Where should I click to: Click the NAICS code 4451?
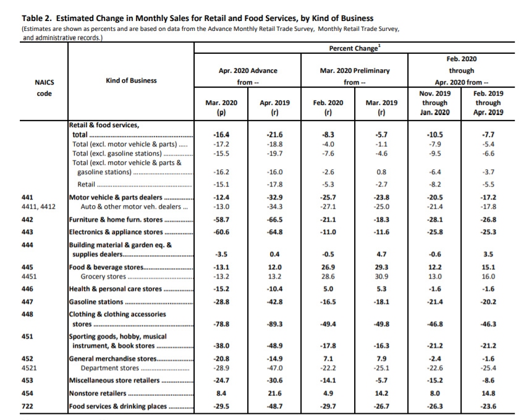(x=29, y=277)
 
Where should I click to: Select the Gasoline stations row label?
(x=96, y=301)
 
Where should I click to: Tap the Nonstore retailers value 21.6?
(x=274, y=393)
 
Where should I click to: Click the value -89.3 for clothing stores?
(x=274, y=324)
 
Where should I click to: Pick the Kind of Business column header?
(x=131, y=80)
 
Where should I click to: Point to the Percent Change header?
(x=354, y=48)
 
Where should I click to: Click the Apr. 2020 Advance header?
(x=248, y=71)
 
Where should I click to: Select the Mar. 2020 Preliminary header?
(x=355, y=71)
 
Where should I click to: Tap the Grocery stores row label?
(x=103, y=277)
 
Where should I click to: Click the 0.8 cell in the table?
(x=381, y=172)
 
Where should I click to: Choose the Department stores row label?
(x=109, y=368)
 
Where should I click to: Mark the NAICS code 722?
(x=27, y=406)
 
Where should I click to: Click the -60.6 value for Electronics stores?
(x=221, y=232)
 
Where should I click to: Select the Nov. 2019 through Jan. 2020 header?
(x=434, y=103)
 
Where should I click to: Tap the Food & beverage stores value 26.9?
(x=328, y=267)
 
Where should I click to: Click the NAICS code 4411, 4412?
(x=38, y=207)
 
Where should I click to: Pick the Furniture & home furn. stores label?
(x=116, y=220)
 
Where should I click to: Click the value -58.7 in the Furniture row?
(x=221, y=219)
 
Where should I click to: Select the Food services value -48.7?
(x=274, y=406)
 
